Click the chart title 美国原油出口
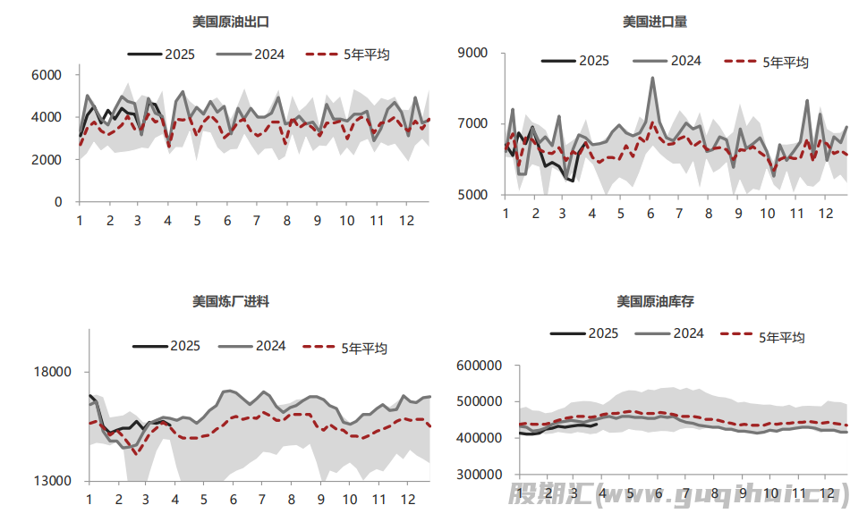coord(230,21)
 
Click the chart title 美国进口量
coord(655,21)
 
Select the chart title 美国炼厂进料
coord(230,301)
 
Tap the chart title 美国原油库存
coord(655,301)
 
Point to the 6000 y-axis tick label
coord(47,74)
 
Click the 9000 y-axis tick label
coord(472,53)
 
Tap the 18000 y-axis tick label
coord(53,373)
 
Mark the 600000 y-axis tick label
coord(479,365)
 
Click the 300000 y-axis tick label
coord(479,475)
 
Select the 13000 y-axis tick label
coord(53,481)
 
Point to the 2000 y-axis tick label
coord(47,159)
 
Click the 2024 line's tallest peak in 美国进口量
coord(651,78)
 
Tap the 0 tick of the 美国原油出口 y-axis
coord(58,202)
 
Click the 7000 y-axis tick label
coord(472,123)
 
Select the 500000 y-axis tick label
coord(479,401)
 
